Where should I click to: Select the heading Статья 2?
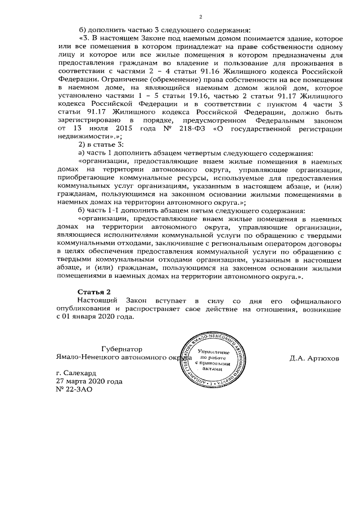click(x=93, y=290)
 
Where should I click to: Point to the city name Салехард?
click(x=76, y=373)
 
